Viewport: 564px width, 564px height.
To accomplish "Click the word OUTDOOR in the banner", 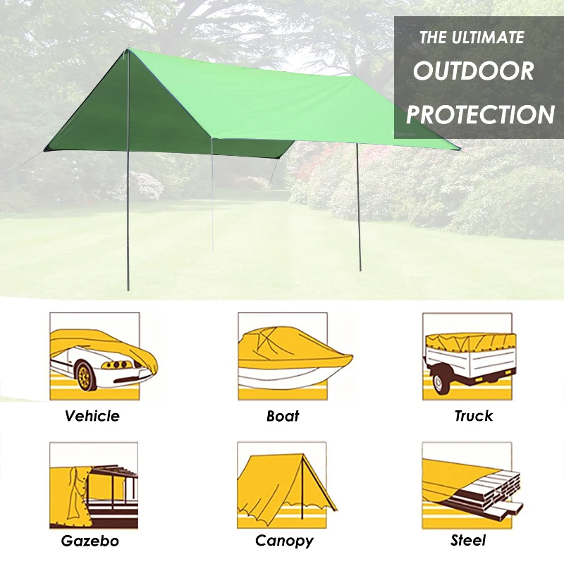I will (473, 71).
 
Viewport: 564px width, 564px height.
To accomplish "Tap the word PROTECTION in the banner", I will (480, 114).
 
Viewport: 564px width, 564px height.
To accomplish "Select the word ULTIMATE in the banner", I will (492, 37).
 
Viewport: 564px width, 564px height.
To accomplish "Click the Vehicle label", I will (92, 416).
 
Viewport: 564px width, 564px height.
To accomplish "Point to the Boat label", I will (283, 416).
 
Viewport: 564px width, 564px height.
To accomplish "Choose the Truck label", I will (473, 416).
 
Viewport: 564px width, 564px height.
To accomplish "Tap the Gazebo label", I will (90, 541).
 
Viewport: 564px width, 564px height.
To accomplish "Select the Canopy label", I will (284, 541).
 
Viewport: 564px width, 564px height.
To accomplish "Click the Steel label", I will (469, 541).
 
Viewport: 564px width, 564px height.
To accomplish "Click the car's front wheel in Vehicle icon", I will (86, 376).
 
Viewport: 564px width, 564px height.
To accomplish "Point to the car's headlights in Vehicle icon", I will (117, 364).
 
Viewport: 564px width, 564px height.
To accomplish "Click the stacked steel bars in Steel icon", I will (493, 490).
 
